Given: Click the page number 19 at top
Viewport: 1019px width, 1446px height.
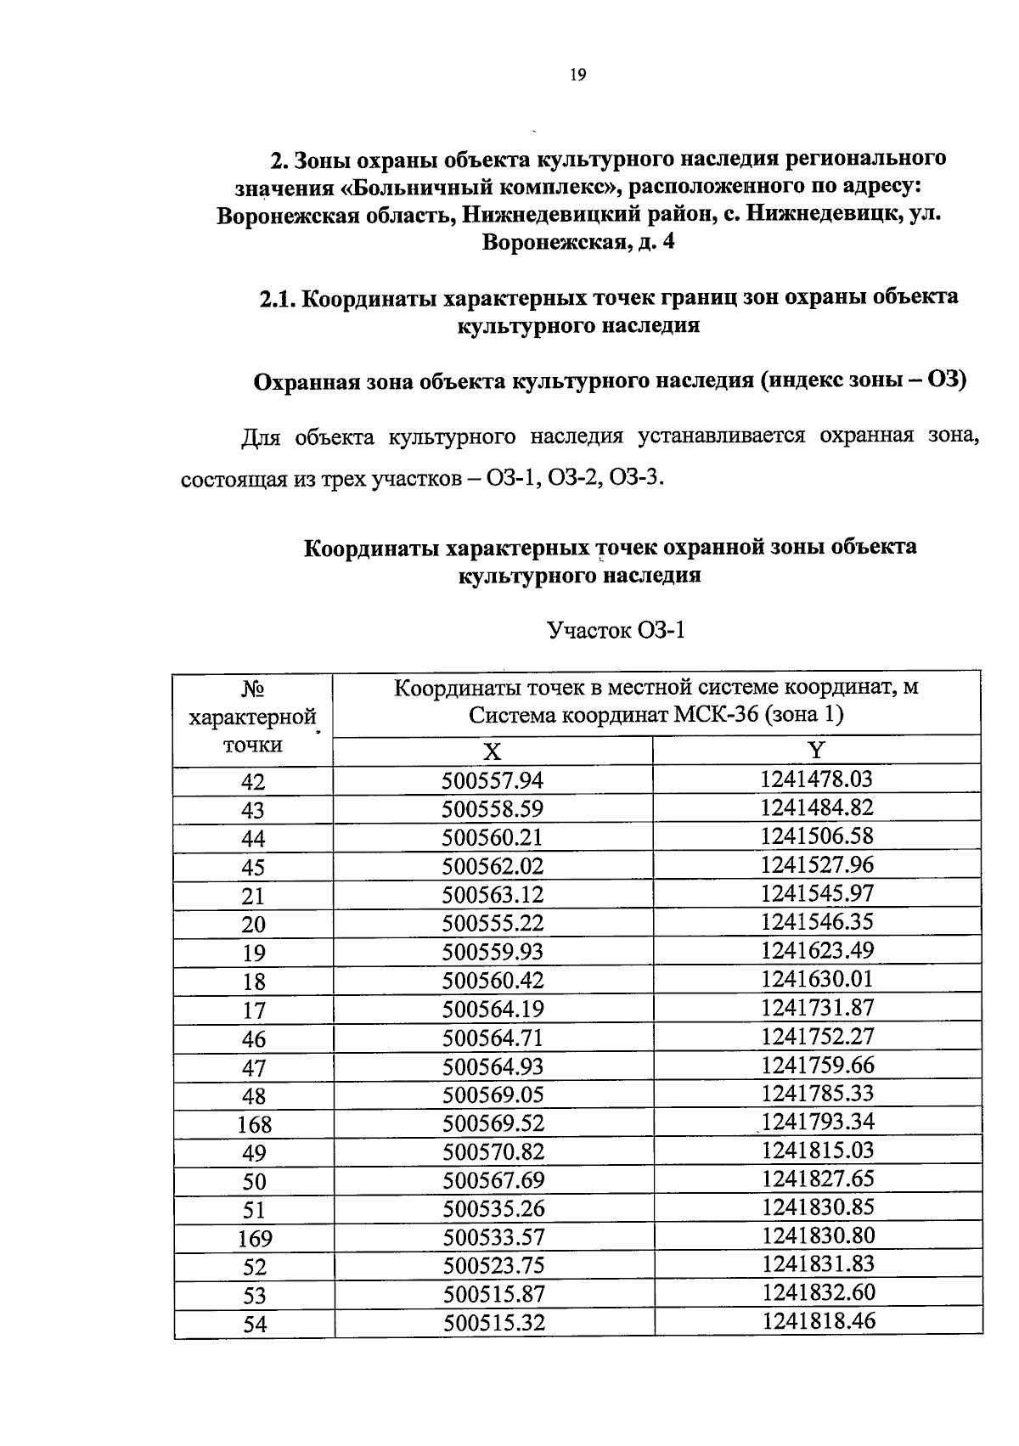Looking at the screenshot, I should coord(577,76).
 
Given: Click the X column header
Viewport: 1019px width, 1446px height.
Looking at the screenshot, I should coord(493,751).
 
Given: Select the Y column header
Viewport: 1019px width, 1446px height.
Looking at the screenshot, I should coord(817,750).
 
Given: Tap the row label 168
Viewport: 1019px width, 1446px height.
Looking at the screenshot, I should coord(254,1125).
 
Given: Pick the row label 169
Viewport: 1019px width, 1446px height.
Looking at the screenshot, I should coord(255,1239).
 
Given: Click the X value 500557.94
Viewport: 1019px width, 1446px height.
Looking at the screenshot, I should coord(493,781).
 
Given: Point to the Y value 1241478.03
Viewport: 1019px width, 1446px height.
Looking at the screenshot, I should coord(817,779).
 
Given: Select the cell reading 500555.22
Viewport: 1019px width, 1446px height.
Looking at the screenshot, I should coord(493,924).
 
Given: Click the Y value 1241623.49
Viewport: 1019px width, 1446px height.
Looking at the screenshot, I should coord(817,950).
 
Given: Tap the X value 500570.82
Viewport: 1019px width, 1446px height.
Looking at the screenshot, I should coord(493,1152).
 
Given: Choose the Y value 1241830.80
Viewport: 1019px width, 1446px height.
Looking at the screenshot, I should coord(818,1235).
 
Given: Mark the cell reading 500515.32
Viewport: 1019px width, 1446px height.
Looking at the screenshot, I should coord(493,1323).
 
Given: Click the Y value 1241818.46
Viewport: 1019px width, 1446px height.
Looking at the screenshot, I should coord(818,1321).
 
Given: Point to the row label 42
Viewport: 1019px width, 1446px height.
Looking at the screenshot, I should coord(253,782).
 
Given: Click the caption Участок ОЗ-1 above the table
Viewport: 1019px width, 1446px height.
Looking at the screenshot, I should coord(616,631).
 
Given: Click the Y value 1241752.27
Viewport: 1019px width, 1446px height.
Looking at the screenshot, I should coord(817,1036).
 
